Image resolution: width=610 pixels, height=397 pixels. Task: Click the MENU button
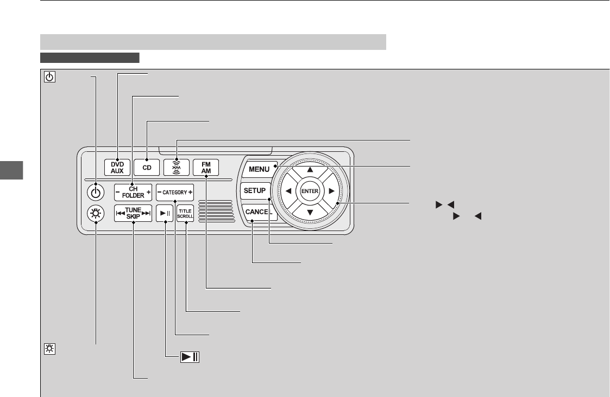coord(259,169)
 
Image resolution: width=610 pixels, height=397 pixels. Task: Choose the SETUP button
coord(254,191)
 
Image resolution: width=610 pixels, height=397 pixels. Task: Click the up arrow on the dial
coord(310,169)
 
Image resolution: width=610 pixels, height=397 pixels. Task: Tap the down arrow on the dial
coord(310,213)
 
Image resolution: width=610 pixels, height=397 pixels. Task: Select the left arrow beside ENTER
coord(288,191)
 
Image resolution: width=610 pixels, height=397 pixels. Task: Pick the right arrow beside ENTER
coord(331,191)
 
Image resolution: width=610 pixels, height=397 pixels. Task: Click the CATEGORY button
coord(175,192)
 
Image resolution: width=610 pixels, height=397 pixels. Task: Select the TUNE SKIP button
coord(133,214)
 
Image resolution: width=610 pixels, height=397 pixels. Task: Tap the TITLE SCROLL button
coord(185,214)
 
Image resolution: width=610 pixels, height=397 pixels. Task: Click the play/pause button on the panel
coord(165,214)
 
